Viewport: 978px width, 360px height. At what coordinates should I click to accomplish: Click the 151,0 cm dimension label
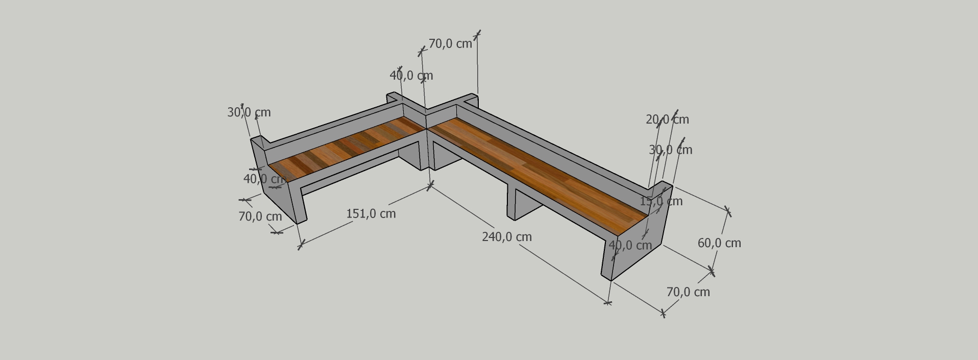point(371,213)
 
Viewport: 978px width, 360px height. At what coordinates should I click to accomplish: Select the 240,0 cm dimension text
point(507,237)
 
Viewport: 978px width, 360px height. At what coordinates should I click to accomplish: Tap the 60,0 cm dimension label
point(719,243)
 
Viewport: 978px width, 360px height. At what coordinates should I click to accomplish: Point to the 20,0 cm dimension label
point(667,119)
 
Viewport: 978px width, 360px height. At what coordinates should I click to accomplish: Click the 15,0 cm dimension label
point(661,201)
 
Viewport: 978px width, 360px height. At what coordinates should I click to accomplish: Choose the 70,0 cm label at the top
point(450,44)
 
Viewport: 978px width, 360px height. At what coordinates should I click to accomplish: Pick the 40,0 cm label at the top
point(411,76)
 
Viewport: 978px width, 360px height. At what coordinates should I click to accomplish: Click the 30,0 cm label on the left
point(249,112)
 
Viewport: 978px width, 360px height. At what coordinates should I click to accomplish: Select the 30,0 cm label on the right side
point(671,150)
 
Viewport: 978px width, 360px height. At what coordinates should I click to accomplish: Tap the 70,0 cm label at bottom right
point(688,292)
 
